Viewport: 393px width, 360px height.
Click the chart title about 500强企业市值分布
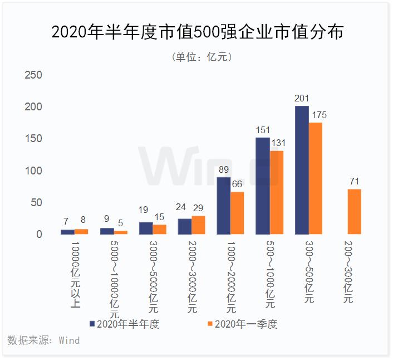click(x=197, y=32)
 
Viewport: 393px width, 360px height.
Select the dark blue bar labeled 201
click(x=301, y=170)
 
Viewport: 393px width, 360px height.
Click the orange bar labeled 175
click(x=315, y=178)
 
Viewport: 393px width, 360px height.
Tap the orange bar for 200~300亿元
click(x=354, y=212)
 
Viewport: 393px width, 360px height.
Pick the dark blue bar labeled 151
click(x=262, y=186)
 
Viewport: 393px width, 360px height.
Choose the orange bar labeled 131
click(x=277, y=192)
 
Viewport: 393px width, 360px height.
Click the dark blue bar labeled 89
click(x=223, y=206)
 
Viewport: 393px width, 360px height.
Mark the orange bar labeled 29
click(x=198, y=225)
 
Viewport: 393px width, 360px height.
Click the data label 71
click(x=354, y=181)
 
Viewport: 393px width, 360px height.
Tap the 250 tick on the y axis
click(x=35, y=75)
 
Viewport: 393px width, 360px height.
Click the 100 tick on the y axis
click(x=35, y=171)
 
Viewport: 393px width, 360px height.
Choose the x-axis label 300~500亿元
click(x=308, y=272)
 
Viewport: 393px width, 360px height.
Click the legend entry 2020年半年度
click(x=124, y=324)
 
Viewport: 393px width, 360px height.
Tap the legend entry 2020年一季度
click(x=242, y=324)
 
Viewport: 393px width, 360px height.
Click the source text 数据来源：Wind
click(x=43, y=340)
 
